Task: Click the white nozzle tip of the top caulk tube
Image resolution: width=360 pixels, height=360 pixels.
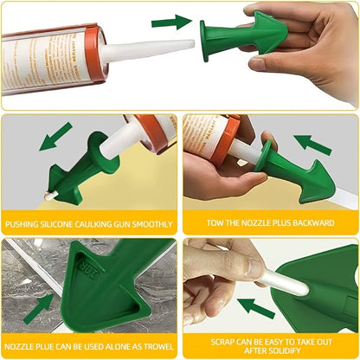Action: pos(152,48)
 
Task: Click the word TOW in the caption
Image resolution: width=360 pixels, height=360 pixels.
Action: pos(215,224)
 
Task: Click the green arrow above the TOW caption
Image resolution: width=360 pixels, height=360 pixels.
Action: pos(315,144)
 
